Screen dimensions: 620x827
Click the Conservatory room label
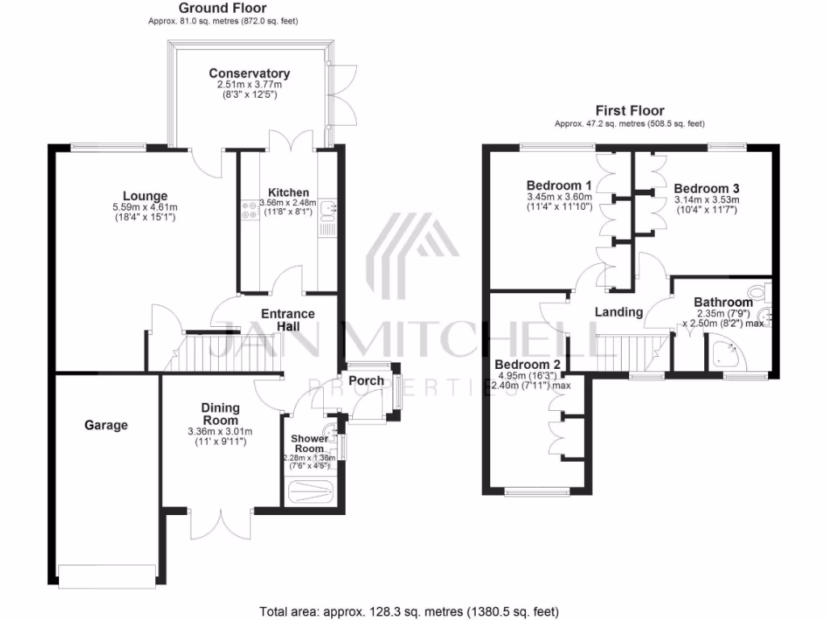click(x=249, y=73)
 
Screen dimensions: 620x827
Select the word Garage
click(x=106, y=425)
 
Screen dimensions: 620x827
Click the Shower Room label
click(x=309, y=443)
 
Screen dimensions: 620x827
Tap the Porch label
click(x=366, y=381)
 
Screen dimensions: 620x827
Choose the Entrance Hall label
click(x=287, y=319)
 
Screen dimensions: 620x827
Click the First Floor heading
click(x=630, y=111)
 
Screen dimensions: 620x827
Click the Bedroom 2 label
click(x=527, y=362)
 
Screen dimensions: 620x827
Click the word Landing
click(x=619, y=312)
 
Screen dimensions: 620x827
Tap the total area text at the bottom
click(x=409, y=611)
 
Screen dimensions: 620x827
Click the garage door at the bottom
click(x=106, y=576)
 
